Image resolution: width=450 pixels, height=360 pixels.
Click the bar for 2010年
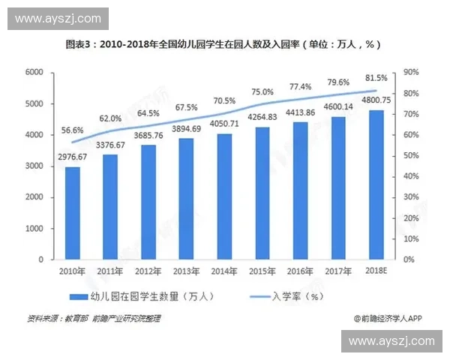click(x=72, y=213)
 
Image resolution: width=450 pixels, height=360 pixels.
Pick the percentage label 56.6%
click(x=72, y=130)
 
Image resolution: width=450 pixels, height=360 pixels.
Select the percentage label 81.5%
click(x=376, y=78)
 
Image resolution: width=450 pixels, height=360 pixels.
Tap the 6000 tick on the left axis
click(x=33, y=72)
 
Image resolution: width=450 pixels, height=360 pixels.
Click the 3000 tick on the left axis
click(x=33, y=166)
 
